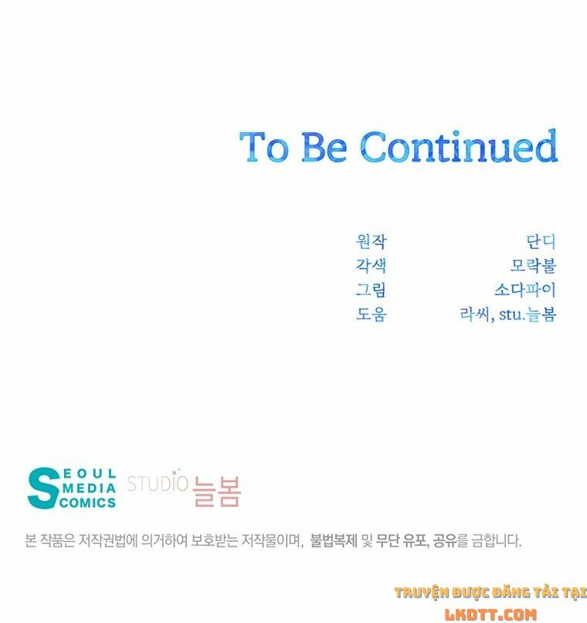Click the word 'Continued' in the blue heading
coord(459,146)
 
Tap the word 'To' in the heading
coord(264,147)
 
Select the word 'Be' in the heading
coord(324,147)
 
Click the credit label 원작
coord(371,242)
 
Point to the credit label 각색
coord(371,266)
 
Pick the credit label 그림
coord(371,290)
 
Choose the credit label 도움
coord(371,314)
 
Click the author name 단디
coord(541,242)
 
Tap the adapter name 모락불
coord(534,266)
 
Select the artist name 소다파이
coord(525,290)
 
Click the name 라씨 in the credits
coord(475,314)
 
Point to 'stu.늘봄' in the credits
coord(528,314)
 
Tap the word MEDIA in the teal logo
coord(89,488)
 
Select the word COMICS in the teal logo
coord(88,502)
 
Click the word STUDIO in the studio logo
coord(158,483)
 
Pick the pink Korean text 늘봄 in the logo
coord(216,492)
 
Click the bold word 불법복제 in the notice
coord(334,541)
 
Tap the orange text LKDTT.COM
coord(490,614)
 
